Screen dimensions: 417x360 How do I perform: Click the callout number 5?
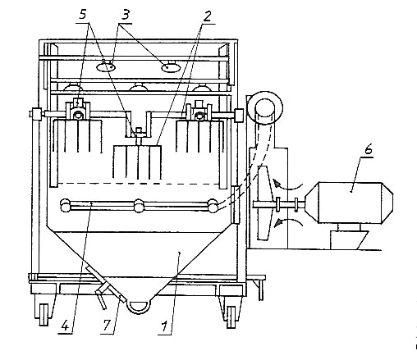[83, 15]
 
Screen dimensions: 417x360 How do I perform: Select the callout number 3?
[125, 15]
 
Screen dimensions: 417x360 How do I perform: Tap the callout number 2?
[207, 16]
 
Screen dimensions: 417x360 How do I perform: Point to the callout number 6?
[369, 149]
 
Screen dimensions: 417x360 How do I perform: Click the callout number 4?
[66, 326]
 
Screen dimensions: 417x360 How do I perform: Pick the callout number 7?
[107, 326]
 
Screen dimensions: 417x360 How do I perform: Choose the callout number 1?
[164, 326]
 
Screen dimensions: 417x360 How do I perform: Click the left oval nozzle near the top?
[106, 66]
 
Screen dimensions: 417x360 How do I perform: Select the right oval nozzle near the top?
[171, 67]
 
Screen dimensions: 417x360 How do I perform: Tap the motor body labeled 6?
[349, 203]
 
